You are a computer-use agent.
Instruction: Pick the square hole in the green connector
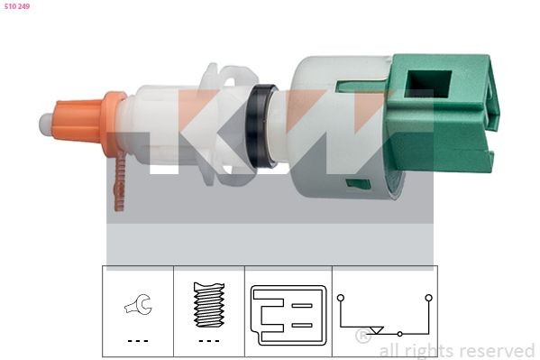coord(420,84)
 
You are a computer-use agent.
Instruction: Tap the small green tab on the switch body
coord(358,183)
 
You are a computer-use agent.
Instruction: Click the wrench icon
coord(138,306)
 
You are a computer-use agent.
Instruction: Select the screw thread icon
coord(208,306)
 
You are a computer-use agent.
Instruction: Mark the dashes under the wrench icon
coord(137,341)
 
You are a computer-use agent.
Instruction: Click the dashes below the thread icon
coord(208,341)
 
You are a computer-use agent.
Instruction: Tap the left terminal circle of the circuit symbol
coord(341,297)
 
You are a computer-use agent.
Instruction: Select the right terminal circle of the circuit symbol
coord(428,297)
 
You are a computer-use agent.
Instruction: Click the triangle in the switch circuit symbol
coord(376,331)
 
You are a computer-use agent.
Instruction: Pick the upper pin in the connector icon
coord(302,306)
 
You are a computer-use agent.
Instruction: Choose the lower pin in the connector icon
coord(302,322)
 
